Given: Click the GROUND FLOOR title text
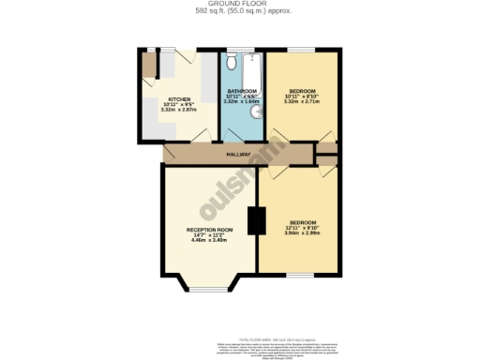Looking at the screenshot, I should pyautogui.click(x=239, y=4).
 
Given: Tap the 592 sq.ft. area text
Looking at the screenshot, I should pyautogui.click(x=239, y=11).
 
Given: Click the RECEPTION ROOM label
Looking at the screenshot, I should pyautogui.click(x=209, y=229).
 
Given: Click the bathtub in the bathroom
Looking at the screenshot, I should pyautogui.click(x=251, y=84).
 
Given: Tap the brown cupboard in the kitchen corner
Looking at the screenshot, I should pyautogui.click(x=148, y=65).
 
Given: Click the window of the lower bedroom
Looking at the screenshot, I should pyautogui.click(x=299, y=274).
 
